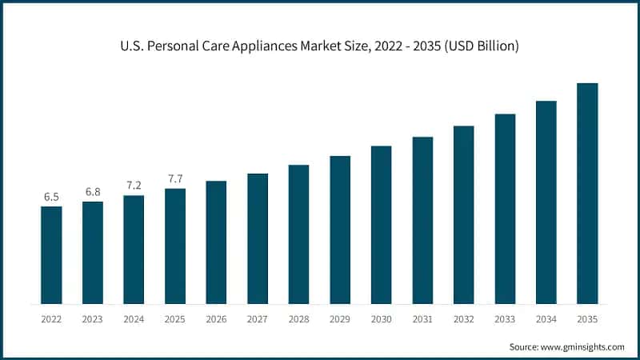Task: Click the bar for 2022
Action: [51, 255]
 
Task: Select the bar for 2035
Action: [587, 194]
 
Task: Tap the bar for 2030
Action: [381, 225]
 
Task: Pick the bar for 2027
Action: [258, 238]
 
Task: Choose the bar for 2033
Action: [505, 209]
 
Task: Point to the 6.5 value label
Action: [51, 197]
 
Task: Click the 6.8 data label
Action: [93, 192]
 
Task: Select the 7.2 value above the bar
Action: [134, 186]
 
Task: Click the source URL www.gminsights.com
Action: [584, 347]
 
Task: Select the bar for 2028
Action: [298, 234]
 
